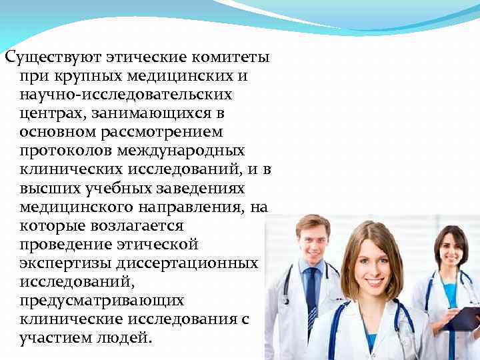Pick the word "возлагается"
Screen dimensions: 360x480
[x=140, y=226]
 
